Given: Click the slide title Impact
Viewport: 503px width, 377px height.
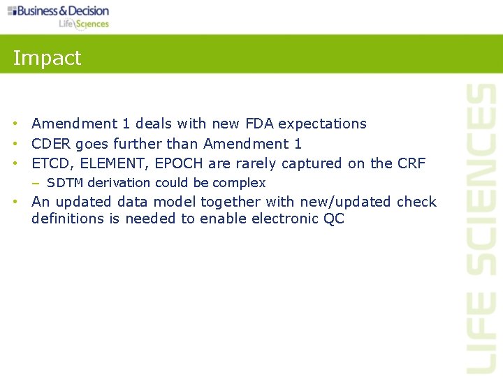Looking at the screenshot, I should (47, 58).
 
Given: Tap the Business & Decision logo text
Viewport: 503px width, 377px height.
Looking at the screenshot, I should (63, 10).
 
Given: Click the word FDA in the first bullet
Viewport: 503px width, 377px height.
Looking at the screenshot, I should (260, 124).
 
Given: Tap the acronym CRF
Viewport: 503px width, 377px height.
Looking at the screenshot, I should (411, 163).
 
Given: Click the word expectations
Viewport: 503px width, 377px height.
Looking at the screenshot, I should (322, 124).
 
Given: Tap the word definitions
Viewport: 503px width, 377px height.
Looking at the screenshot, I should (67, 219).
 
